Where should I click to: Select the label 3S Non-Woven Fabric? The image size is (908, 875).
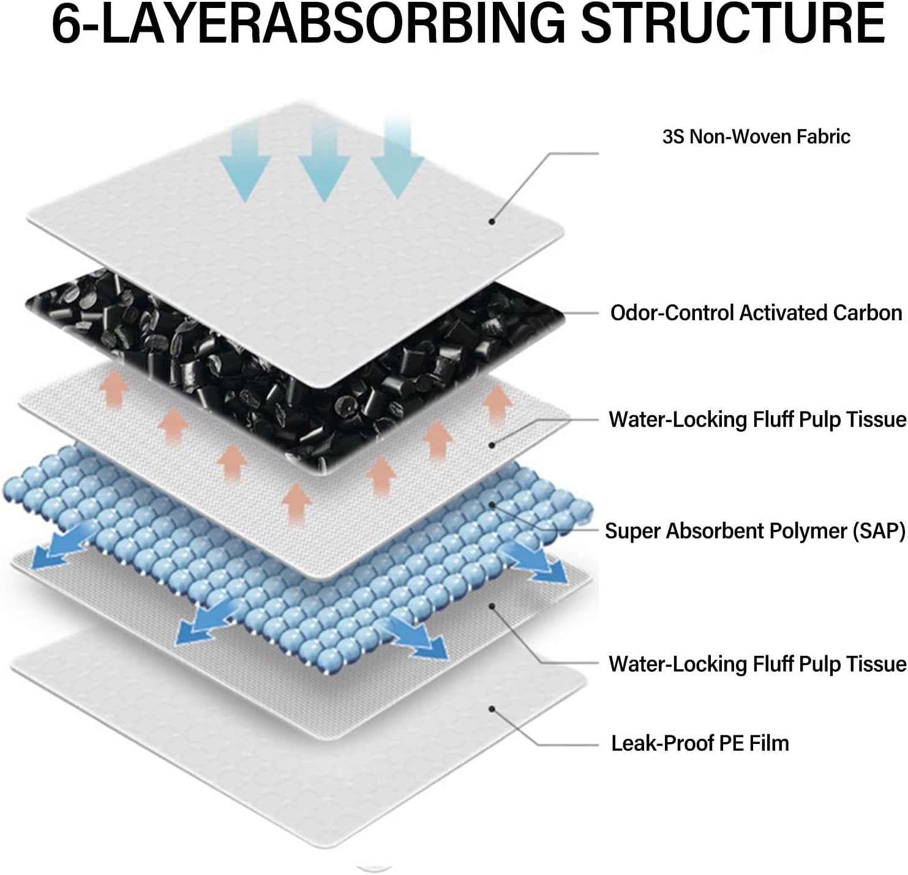tap(756, 137)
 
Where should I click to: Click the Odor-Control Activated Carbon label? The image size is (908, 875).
tap(756, 313)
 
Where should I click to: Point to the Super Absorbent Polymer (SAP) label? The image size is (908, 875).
tap(755, 531)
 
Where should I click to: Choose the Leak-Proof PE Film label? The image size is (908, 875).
tap(700, 743)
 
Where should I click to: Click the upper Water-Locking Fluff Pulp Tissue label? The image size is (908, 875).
tap(757, 419)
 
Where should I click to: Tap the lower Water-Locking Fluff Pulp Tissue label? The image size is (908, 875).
tap(757, 664)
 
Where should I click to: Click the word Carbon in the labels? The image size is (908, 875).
tap(867, 313)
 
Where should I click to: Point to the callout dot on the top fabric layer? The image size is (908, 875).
tap(492, 222)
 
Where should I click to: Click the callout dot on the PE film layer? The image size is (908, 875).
tap(492, 708)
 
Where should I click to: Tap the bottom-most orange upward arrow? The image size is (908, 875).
tap(296, 502)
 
